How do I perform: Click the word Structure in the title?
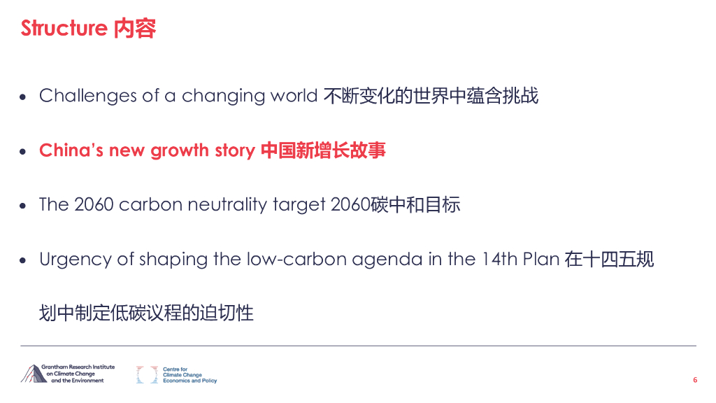[x=64, y=28]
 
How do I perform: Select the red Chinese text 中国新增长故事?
[x=323, y=150]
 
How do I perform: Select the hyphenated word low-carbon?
[x=292, y=260]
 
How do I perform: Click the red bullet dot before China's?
[x=23, y=152]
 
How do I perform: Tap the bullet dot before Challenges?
[x=23, y=97]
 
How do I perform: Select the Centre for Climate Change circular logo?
[x=147, y=374]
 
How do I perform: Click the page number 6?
[x=695, y=380]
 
